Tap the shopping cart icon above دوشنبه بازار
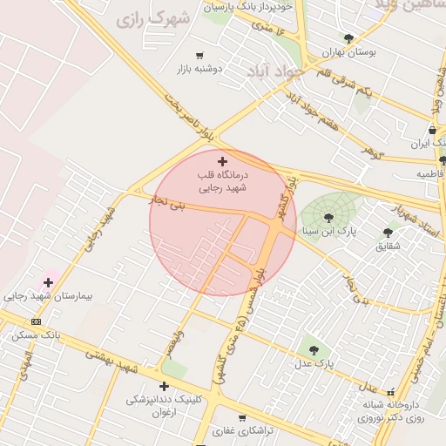pyautogui.click(x=200, y=55)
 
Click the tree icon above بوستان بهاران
pyautogui.click(x=349, y=38)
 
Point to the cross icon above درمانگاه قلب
pyautogui.click(x=222, y=160)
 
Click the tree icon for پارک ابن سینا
pyautogui.click(x=328, y=218)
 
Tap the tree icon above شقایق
pyautogui.click(x=388, y=233)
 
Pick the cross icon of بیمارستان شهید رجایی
pyautogui.click(x=48, y=282)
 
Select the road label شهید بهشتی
pyautogui.click(x=111, y=361)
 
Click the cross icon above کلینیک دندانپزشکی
pyautogui.click(x=164, y=386)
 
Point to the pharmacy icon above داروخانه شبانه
pyautogui.click(x=390, y=392)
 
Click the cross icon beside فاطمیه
pyautogui.click(x=443, y=160)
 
